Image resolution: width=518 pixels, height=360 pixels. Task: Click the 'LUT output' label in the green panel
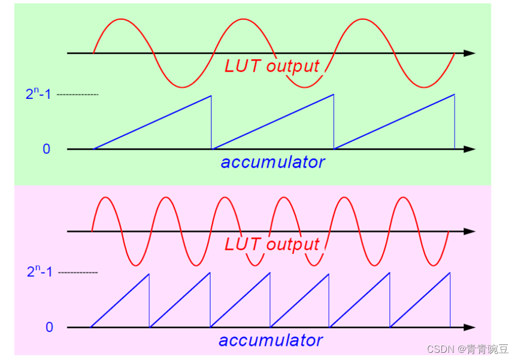click(x=272, y=65)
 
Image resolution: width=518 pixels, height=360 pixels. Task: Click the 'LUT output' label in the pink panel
click(x=272, y=244)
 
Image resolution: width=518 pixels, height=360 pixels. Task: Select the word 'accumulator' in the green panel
click(x=272, y=162)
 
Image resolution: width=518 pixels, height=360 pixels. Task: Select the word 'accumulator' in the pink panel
click(x=271, y=340)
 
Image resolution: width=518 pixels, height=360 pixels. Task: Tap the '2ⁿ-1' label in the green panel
click(x=39, y=94)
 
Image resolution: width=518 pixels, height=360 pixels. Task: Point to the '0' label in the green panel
click(x=46, y=149)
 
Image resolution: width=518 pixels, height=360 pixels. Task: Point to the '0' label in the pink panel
click(x=49, y=328)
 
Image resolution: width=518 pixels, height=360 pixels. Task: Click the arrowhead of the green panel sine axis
click(x=470, y=53)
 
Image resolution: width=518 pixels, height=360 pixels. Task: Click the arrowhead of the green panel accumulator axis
click(x=470, y=149)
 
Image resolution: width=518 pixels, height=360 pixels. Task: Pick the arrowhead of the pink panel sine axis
click(x=470, y=231)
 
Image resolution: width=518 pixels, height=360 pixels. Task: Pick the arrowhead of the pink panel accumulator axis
click(x=470, y=327)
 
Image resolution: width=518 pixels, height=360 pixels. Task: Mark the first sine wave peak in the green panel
click(x=122, y=19)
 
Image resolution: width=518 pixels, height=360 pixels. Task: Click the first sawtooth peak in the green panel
click(x=211, y=96)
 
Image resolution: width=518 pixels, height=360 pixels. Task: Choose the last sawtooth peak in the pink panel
click(x=450, y=273)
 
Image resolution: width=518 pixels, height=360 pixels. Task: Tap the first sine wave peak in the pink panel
click(x=106, y=197)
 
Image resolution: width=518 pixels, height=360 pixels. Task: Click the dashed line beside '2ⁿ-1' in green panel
click(x=77, y=95)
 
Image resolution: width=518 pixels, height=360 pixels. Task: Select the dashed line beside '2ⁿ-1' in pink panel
click(x=77, y=273)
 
